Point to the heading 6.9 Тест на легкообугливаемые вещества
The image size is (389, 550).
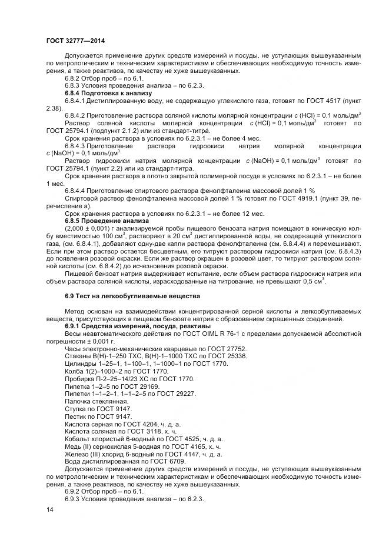click(x=132, y=295)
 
